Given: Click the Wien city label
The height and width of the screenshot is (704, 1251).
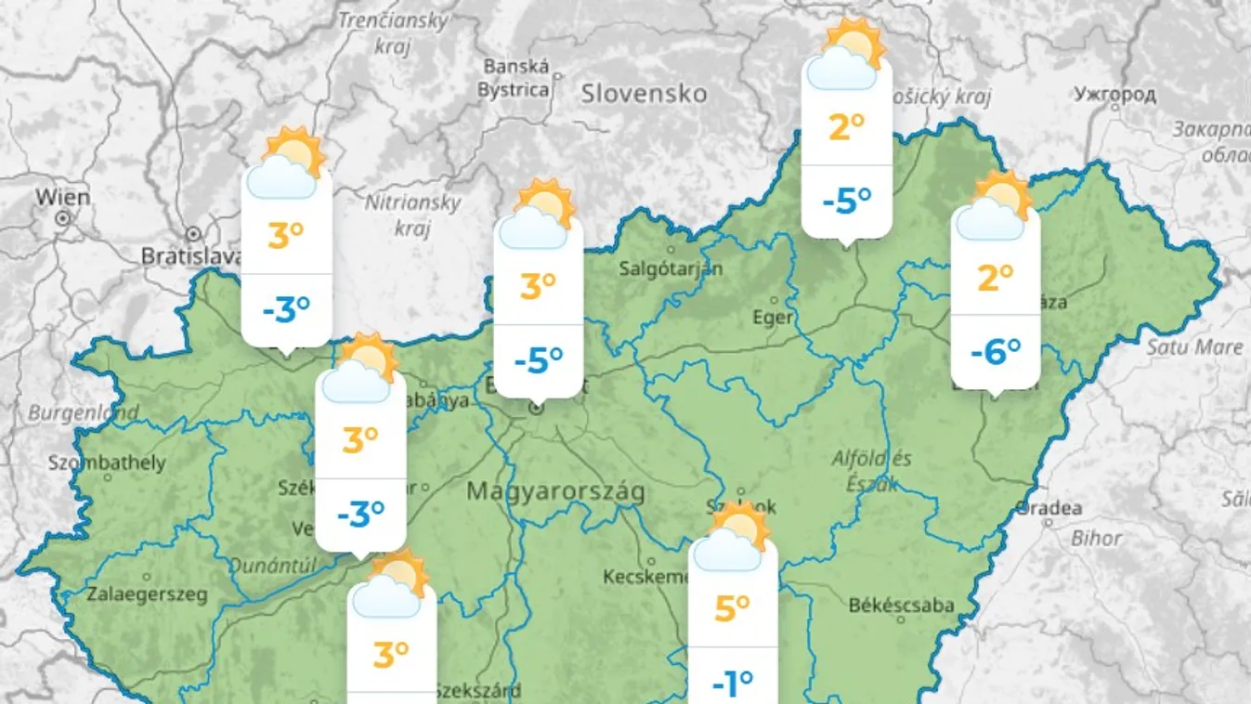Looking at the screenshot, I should coord(63,197).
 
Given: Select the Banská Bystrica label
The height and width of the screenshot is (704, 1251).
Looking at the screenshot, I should coord(514,78).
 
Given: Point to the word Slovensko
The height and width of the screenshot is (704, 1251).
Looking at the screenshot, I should coord(644,94).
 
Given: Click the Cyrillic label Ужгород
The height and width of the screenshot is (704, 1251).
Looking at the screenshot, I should coord(1114,94).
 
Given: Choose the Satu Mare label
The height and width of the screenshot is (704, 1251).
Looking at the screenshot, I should coord(1194,347).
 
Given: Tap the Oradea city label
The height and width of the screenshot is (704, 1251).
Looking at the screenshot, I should coord(1049,508).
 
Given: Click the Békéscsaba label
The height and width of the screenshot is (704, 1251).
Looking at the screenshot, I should coord(901,605).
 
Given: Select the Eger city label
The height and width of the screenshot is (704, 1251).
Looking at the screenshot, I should coord(773,318).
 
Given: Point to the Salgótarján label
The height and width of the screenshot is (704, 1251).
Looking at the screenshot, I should coord(671,268).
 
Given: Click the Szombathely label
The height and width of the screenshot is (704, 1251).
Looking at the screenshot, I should coord(107,463).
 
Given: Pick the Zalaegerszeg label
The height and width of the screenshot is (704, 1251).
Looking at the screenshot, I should coord(148,594).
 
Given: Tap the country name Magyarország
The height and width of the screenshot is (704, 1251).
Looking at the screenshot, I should coord(555,491).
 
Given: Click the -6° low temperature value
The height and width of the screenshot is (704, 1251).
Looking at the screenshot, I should coord(995,352).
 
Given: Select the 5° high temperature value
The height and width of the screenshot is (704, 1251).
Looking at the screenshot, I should coord(732,609).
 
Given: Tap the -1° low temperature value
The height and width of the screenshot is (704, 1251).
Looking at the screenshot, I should coord(732,684).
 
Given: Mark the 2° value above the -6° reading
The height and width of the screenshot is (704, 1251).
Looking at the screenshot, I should coord(995,278).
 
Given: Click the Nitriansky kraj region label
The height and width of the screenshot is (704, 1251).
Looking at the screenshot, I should coord(412,215).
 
